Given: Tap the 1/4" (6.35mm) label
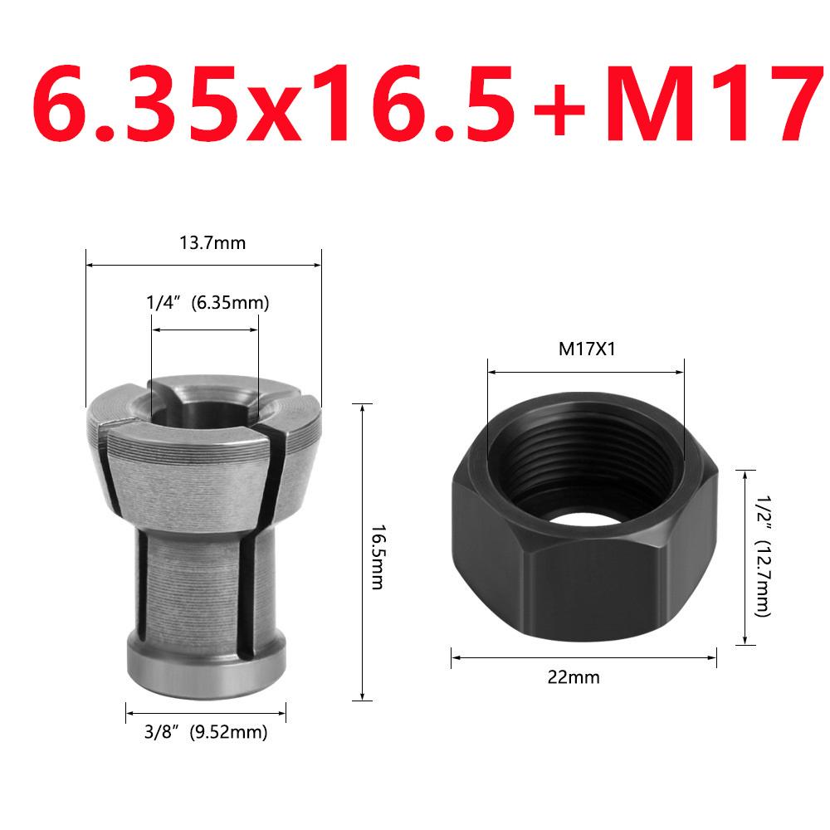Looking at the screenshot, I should [x=207, y=304].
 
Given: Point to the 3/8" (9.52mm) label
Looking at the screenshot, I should [x=206, y=732].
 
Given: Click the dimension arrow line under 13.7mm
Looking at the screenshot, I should [x=204, y=266].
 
